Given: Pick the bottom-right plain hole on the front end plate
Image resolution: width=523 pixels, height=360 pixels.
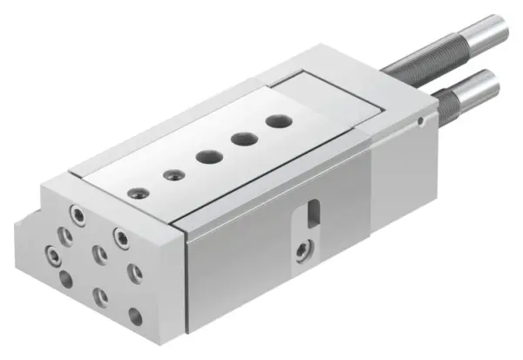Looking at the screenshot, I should tap(135, 317).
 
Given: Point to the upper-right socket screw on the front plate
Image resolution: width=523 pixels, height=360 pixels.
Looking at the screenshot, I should tap(120, 235).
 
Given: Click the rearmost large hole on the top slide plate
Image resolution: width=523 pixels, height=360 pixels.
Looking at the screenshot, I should tap(278, 122).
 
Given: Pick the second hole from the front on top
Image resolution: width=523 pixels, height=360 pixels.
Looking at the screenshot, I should tap(171, 173).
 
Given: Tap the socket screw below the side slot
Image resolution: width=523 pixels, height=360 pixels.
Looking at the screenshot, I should tap(302, 250).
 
